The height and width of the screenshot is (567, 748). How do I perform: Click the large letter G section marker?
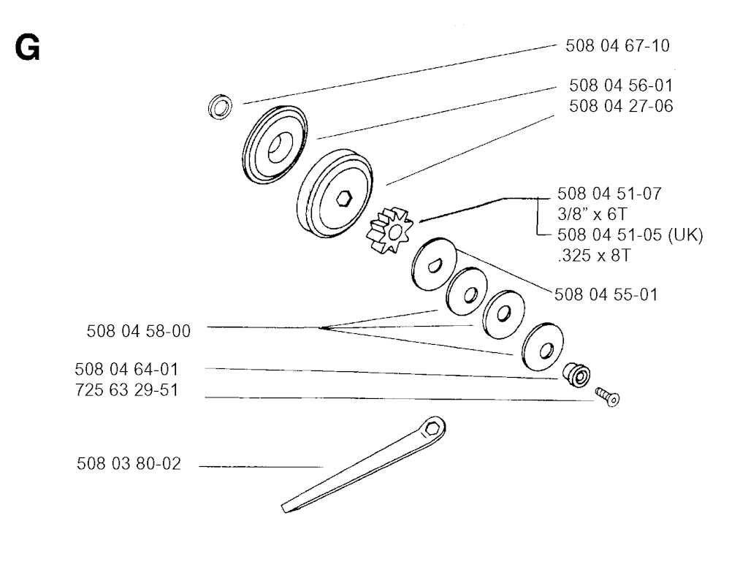tap(27, 48)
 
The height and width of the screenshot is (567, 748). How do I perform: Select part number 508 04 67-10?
tap(617, 46)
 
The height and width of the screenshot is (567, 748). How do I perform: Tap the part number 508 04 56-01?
tap(621, 85)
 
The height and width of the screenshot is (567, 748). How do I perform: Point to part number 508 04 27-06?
tap(621, 106)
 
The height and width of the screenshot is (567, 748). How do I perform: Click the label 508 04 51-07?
tap(609, 194)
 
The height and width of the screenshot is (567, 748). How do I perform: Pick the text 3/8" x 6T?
tap(592, 214)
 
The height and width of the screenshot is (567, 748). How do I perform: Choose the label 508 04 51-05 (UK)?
tap(630, 235)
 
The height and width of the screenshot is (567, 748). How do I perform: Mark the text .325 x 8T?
tap(594, 255)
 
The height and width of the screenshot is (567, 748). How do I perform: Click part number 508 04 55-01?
tap(606, 294)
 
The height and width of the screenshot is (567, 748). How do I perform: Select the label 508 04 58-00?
tap(138, 331)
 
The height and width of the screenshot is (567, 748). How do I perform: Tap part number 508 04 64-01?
tap(126, 370)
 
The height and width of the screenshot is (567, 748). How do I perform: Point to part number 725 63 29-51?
tap(126, 390)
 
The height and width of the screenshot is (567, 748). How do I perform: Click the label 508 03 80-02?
tap(129, 464)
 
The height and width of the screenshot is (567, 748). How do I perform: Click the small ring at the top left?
tap(221, 107)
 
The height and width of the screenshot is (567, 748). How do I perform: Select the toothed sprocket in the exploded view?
tap(390, 230)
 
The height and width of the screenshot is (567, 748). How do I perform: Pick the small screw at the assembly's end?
tap(607, 397)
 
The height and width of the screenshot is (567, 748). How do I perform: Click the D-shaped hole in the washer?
tap(435, 265)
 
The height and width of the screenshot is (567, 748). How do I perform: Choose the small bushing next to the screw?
tap(577, 375)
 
